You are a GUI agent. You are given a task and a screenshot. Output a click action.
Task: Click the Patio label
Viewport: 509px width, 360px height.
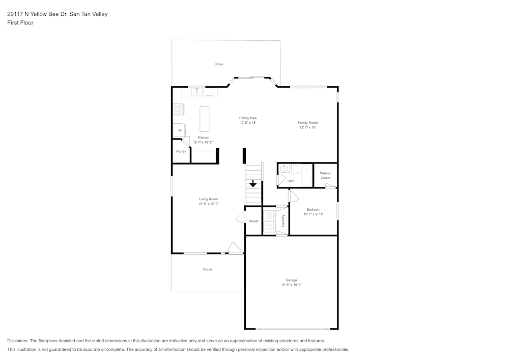pyautogui.click(x=219, y=64)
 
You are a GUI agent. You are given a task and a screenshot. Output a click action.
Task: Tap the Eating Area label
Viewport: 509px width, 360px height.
pyautogui.click(x=248, y=118)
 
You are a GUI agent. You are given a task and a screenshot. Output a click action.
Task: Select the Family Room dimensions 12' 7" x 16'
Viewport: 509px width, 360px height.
pyautogui.click(x=307, y=127)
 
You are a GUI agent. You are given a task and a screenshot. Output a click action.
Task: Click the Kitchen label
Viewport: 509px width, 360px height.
pyautogui.click(x=204, y=138)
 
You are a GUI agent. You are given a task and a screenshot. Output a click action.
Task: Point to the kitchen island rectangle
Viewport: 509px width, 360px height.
pyautogui.click(x=205, y=119)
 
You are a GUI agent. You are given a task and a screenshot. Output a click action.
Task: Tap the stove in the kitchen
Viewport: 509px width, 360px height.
pyautogui.click(x=178, y=108)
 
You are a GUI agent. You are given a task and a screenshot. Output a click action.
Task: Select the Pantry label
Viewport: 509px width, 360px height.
pyautogui.click(x=181, y=152)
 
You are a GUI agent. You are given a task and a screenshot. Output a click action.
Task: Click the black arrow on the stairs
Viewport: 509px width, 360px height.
pyautogui.click(x=253, y=184)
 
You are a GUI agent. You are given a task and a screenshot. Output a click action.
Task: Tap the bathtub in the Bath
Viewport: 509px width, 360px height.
pyautogui.click(x=306, y=175)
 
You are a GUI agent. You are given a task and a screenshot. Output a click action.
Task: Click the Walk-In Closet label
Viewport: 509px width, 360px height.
pyautogui.click(x=325, y=175)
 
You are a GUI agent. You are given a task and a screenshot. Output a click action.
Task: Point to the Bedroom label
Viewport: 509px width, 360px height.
pyautogui.click(x=313, y=210)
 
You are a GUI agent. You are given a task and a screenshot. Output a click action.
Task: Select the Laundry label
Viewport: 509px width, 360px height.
pyautogui.click(x=282, y=220)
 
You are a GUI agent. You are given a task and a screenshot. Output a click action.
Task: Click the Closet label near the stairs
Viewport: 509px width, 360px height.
pyautogui.click(x=253, y=221)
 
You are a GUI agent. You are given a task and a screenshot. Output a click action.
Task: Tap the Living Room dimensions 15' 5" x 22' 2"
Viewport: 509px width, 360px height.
pyautogui.click(x=208, y=204)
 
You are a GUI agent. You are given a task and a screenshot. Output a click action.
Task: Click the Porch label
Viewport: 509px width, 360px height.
pyautogui.click(x=208, y=269)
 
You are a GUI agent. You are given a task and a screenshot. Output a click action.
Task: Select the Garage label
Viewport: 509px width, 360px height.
pyautogui.click(x=291, y=280)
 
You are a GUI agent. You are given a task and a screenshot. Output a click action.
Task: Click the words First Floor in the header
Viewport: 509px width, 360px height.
pyautogui.click(x=20, y=23)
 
